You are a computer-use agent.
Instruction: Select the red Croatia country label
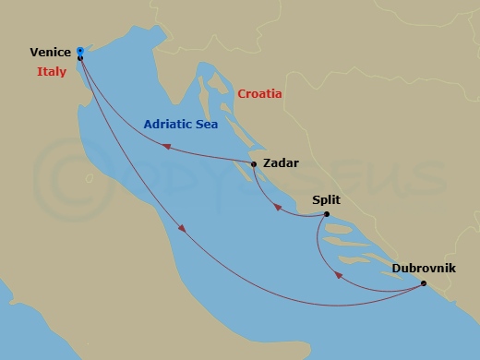(259, 94)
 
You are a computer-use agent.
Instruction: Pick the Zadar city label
(281, 163)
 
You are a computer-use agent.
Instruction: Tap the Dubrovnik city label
(423, 269)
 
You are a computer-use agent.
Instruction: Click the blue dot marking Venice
(80, 51)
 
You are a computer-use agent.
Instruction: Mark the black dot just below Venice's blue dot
(80, 58)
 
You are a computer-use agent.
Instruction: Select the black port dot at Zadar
(254, 164)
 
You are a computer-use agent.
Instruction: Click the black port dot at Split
(327, 215)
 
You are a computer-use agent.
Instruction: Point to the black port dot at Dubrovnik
(424, 283)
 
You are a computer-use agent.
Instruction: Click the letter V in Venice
(33, 53)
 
